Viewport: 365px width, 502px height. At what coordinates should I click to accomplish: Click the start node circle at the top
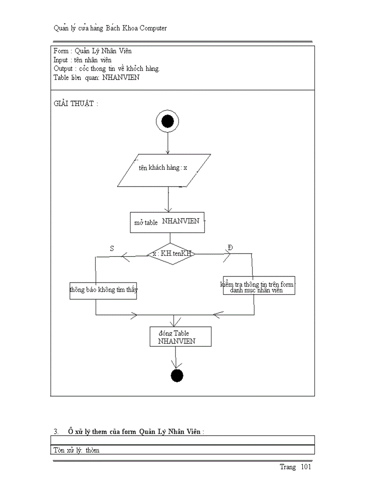tap(168, 121)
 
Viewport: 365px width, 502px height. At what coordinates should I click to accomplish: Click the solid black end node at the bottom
tap(177, 376)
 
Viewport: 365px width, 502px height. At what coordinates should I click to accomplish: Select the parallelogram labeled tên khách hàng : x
tap(164, 170)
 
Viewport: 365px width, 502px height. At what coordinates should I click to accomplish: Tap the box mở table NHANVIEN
tap(167, 222)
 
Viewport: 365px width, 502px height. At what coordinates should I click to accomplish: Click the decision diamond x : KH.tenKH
tap(171, 254)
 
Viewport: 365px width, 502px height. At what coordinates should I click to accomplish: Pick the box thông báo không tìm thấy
tap(103, 290)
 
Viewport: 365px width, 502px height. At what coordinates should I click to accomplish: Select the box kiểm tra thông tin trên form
tap(259, 285)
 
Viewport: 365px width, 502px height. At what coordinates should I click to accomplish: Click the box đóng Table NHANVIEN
tap(180, 337)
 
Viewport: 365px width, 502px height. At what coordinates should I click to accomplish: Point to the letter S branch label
tap(112, 248)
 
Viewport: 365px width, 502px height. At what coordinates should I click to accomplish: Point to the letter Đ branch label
tap(230, 248)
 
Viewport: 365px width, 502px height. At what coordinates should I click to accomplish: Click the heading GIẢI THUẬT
tap(74, 104)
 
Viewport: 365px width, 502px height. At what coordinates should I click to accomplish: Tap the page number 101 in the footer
tap(306, 467)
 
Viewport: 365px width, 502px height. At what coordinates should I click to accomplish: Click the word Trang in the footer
tap(288, 467)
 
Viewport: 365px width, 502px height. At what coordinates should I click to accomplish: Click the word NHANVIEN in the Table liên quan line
tap(121, 77)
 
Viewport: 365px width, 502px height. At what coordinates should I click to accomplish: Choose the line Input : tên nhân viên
tap(82, 60)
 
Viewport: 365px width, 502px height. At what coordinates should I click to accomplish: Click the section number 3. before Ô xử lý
tap(56, 432)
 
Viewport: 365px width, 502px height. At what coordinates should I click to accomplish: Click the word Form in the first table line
tap(61, 51)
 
